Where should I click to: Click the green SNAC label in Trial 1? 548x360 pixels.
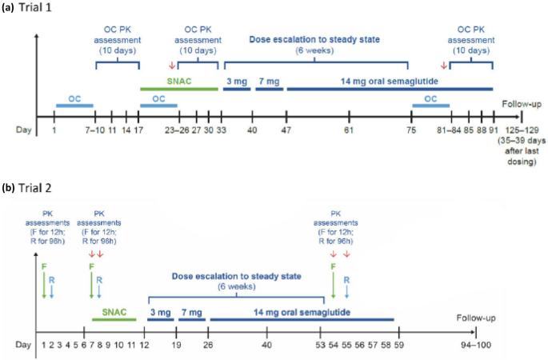click(x=179, y=82)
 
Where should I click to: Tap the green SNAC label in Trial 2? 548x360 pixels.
click(x=114, y=312)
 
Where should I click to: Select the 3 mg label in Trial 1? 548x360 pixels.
click(x=237, y=82)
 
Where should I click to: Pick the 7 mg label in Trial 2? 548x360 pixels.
click(x=192, y=313)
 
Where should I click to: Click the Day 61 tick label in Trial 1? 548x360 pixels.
click(x=349, y=130)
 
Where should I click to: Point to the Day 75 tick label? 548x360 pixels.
click(x=411, y=130)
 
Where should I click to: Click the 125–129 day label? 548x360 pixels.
click(x=522, y=130)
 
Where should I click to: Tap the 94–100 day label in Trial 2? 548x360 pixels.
click(x=476, y=346)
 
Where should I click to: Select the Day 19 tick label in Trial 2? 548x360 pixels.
click(x=177, y=346)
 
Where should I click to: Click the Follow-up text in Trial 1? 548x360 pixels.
click(x=522, y=104)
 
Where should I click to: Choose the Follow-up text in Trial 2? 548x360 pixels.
click(x=476, y=318)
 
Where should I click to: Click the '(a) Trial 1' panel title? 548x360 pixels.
click(x=26, y=7)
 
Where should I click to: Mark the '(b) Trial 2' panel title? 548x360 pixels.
click(x=26, y=188)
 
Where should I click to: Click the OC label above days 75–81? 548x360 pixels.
click(x=430, y=99)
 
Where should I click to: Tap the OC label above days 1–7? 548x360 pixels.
click(x=74, y=99)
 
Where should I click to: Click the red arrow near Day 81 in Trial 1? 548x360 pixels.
click(x=444, y=65)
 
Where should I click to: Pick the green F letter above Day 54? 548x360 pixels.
click(x=333, y=267)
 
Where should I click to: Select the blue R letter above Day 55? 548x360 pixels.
click(x=346, y=280)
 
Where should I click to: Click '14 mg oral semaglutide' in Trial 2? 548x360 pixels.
click(x=302, y=312)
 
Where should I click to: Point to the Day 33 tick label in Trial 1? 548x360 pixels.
click(x=222, y=130)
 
